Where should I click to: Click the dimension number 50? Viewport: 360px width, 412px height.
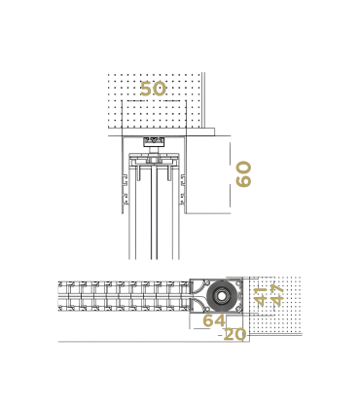(x=153, y=89)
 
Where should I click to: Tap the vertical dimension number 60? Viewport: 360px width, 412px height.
(x=243, y=174)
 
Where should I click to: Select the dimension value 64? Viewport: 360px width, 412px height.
(x=214, y=320)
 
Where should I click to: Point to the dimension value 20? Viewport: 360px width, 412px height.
(x=234, y=334)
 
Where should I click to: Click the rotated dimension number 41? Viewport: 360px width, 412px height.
(x=261, y=296)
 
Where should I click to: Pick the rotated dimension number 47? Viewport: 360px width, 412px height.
(x=277, y=294)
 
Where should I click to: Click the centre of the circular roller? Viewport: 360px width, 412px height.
(x=224, y=295)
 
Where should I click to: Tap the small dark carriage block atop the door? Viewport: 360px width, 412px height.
(x=153, y=142)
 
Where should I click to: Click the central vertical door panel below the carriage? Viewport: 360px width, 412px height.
(x=153, y=214)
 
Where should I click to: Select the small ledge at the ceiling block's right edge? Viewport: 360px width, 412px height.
(x=208, y=129)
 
